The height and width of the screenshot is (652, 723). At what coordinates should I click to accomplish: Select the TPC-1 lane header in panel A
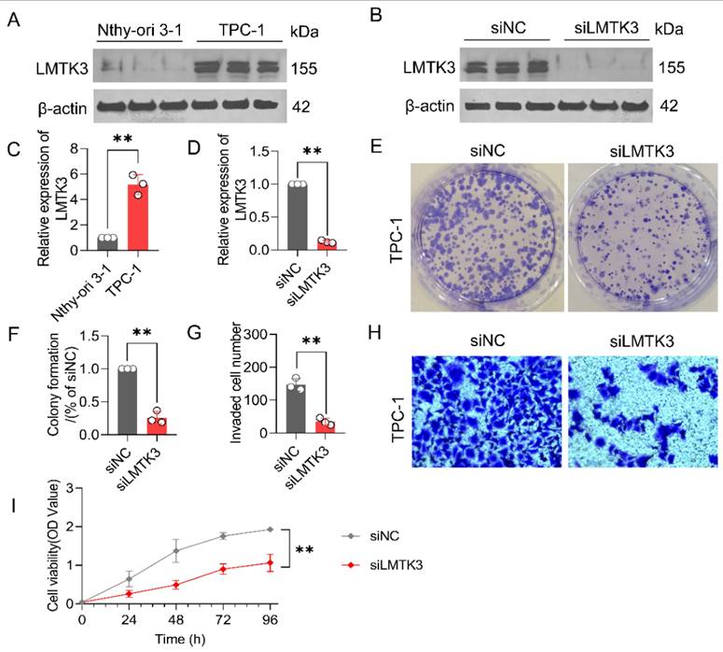pyautogui.click(x=240, y=29)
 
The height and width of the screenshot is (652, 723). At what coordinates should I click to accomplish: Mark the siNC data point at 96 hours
pyautogui.click(x=271, y=529)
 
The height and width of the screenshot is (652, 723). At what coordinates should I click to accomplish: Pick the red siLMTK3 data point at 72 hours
pyautogui.click(x=223, y=569)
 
